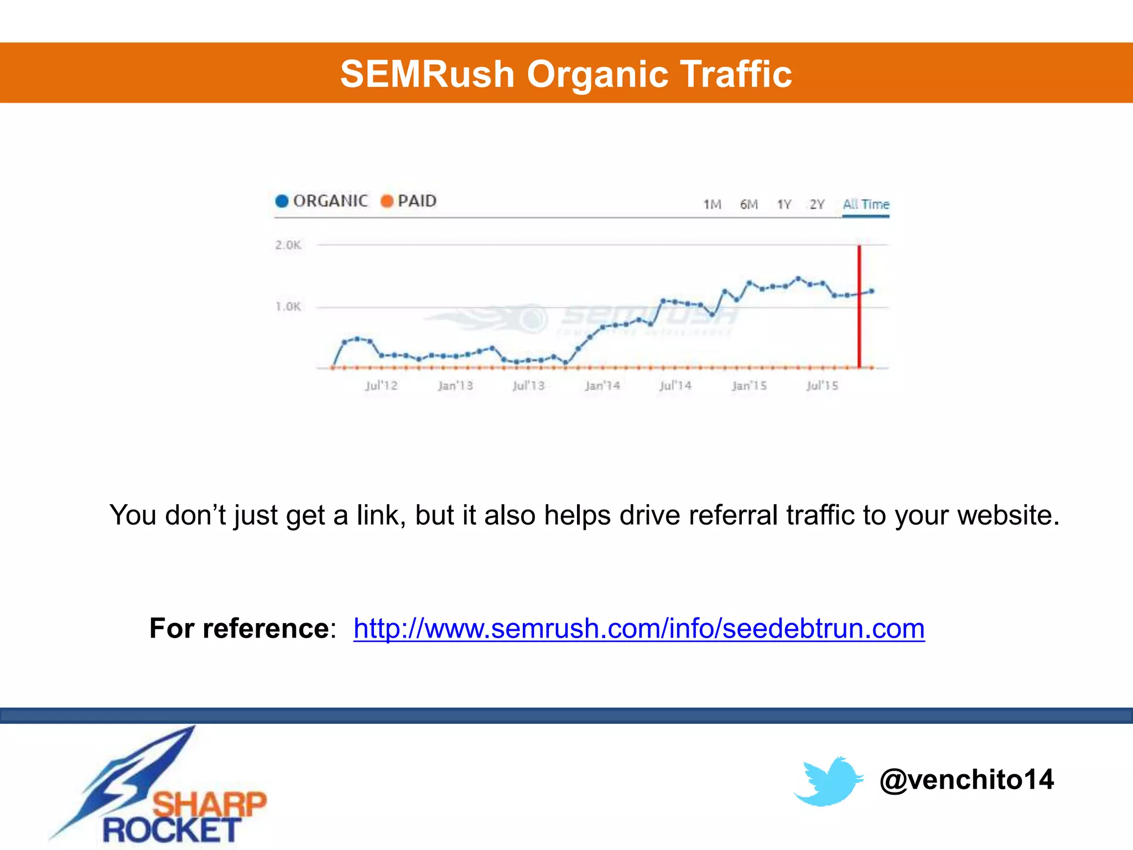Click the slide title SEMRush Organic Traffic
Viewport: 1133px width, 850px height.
click(566, 74)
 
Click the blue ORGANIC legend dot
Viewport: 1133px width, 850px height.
click(282, 201)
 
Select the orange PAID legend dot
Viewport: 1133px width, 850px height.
click(387, 201)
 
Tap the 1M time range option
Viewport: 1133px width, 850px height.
click(712, 205)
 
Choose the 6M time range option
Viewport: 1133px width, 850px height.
click(749, 205)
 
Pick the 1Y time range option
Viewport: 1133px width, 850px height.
click(784, 205)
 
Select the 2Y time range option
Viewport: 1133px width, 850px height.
click(817, 205)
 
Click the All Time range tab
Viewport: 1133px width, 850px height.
click(866, 205)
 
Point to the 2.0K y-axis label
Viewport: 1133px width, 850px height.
click(288, 245)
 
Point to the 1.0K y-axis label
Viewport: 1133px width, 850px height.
click(288, 307)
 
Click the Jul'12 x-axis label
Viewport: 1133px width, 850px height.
click(381, 386)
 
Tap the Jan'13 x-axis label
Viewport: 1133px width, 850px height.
click(455, 386)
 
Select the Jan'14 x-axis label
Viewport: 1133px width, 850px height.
click(602, 386)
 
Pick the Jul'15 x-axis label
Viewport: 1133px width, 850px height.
click(822, 386)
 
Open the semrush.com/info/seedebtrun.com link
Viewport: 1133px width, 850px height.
click(639, 629)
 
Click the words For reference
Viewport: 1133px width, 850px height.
click(240, 629)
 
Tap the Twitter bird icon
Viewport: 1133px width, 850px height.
click(828, 781)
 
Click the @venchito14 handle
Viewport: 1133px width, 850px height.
click(966, 780)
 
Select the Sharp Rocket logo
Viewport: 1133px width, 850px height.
click(160, 789)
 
